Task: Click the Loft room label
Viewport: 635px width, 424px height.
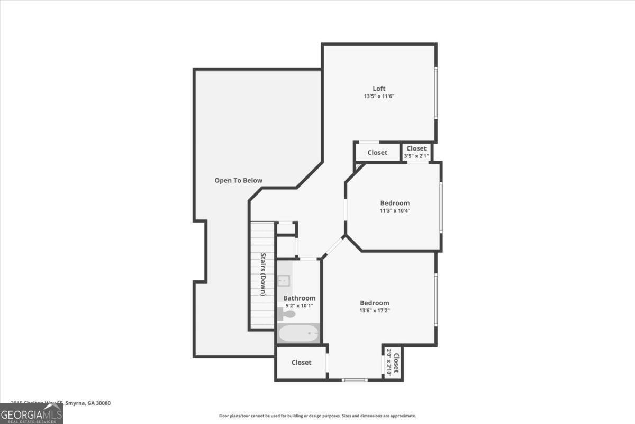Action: coord(379,89)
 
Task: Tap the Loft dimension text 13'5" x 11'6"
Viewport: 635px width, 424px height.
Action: coord(379,96)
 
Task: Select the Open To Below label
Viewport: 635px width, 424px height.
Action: coord(238,180)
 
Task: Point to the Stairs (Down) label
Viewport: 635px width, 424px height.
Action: coord(262,274)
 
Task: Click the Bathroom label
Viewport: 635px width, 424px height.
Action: coord(299,298)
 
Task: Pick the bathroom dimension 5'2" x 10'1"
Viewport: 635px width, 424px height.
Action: coord(299,306)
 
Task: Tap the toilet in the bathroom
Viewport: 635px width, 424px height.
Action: coord(287,314)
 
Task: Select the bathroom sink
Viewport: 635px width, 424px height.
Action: coord(284,280)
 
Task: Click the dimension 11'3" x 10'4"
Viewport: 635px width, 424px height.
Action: coord(395,210)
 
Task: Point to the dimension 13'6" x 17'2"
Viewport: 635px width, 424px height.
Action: coord(375,311)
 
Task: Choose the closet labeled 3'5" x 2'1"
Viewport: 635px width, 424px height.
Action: coord(416,152)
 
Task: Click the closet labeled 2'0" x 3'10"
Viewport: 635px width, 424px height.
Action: coord(392,363)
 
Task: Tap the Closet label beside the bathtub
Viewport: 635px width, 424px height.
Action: coord(302,363)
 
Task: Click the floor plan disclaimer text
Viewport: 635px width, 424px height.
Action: coord(317,416)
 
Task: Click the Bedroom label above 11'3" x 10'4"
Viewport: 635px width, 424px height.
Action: coord(395,202)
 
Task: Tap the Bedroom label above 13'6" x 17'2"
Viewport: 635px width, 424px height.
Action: coord(375,303)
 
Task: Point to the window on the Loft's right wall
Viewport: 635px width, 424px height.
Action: coord(436,93)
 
